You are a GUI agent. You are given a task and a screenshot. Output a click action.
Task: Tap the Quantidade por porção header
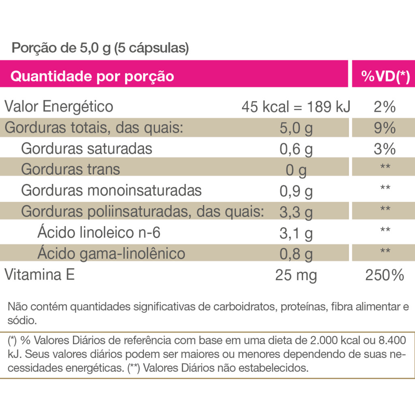pos(92,76)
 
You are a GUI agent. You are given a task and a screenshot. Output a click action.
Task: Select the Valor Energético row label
pos(59,107)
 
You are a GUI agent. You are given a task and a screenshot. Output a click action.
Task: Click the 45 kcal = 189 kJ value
pos(296,107)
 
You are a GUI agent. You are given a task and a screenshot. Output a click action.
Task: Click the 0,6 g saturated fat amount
pos(296,150)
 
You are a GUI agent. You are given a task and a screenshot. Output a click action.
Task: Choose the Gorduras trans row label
pos(71,169)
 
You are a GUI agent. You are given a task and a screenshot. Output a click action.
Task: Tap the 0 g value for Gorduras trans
pos(296,171)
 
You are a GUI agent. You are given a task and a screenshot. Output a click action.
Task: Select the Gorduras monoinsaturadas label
pos(111,190)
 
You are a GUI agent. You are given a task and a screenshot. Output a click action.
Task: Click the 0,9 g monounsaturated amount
pos(296,191)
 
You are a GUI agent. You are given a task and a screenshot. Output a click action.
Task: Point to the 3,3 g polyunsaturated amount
pos(296,212)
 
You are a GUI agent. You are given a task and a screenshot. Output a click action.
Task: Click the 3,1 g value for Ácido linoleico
pos(296,233)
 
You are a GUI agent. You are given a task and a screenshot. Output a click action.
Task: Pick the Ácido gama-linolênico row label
pos(111,253)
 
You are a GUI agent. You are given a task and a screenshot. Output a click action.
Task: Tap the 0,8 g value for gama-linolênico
pos(296,255)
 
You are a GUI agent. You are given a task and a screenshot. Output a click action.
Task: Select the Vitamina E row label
pos(39,275)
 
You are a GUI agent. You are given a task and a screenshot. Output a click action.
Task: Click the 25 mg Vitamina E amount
pos(296,276)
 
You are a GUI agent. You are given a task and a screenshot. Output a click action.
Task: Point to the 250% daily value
pos(385,276)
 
